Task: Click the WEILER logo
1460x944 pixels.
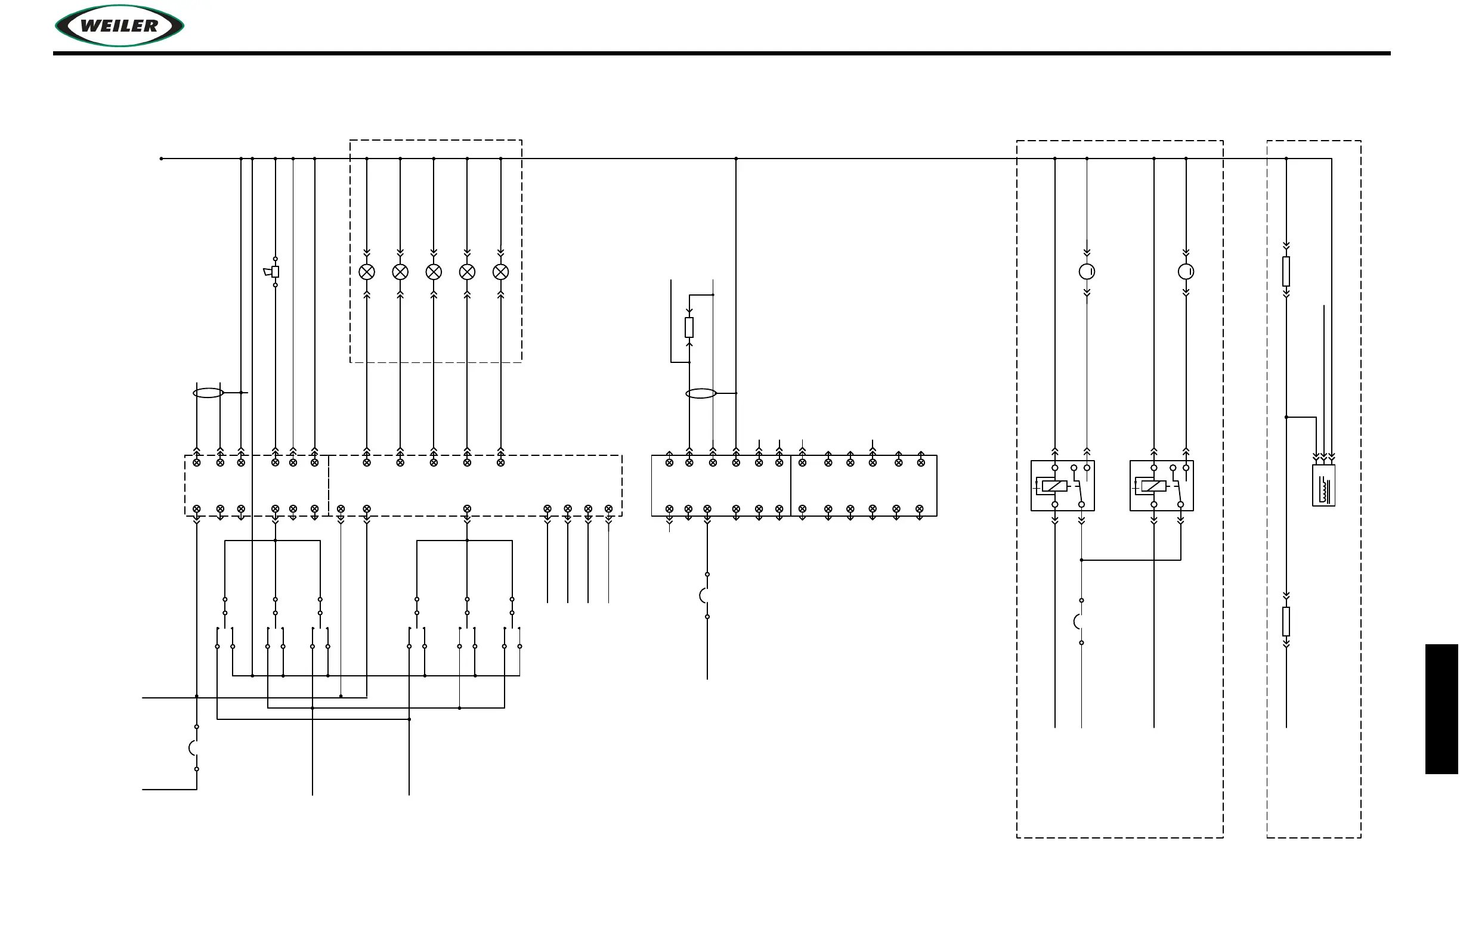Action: [120, 26]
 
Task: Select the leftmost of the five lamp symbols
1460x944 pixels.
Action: [367, 272]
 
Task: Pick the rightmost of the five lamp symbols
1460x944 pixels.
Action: [500, 272]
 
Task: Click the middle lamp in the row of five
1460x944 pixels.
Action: [434, 272]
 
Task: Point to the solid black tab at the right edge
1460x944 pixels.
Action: [1442, 709]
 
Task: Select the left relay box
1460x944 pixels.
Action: [1062, 486]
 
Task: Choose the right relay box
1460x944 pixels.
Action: [1161, 486]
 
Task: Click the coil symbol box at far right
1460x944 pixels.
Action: [1324, 485]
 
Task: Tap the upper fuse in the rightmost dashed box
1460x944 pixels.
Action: [1286, 272]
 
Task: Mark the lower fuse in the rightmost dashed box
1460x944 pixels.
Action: [1286, 621]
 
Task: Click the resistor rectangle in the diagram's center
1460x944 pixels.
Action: [689, 327]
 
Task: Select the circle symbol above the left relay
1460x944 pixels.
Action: [1087, 272]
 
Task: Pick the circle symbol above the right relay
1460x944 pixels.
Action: [1186, 272]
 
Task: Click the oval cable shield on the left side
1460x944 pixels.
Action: [208, 393]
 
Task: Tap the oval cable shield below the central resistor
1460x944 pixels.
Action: [701, 393]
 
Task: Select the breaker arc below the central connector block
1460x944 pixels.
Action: [704, 595]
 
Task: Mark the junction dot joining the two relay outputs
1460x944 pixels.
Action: [1081, 560]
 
